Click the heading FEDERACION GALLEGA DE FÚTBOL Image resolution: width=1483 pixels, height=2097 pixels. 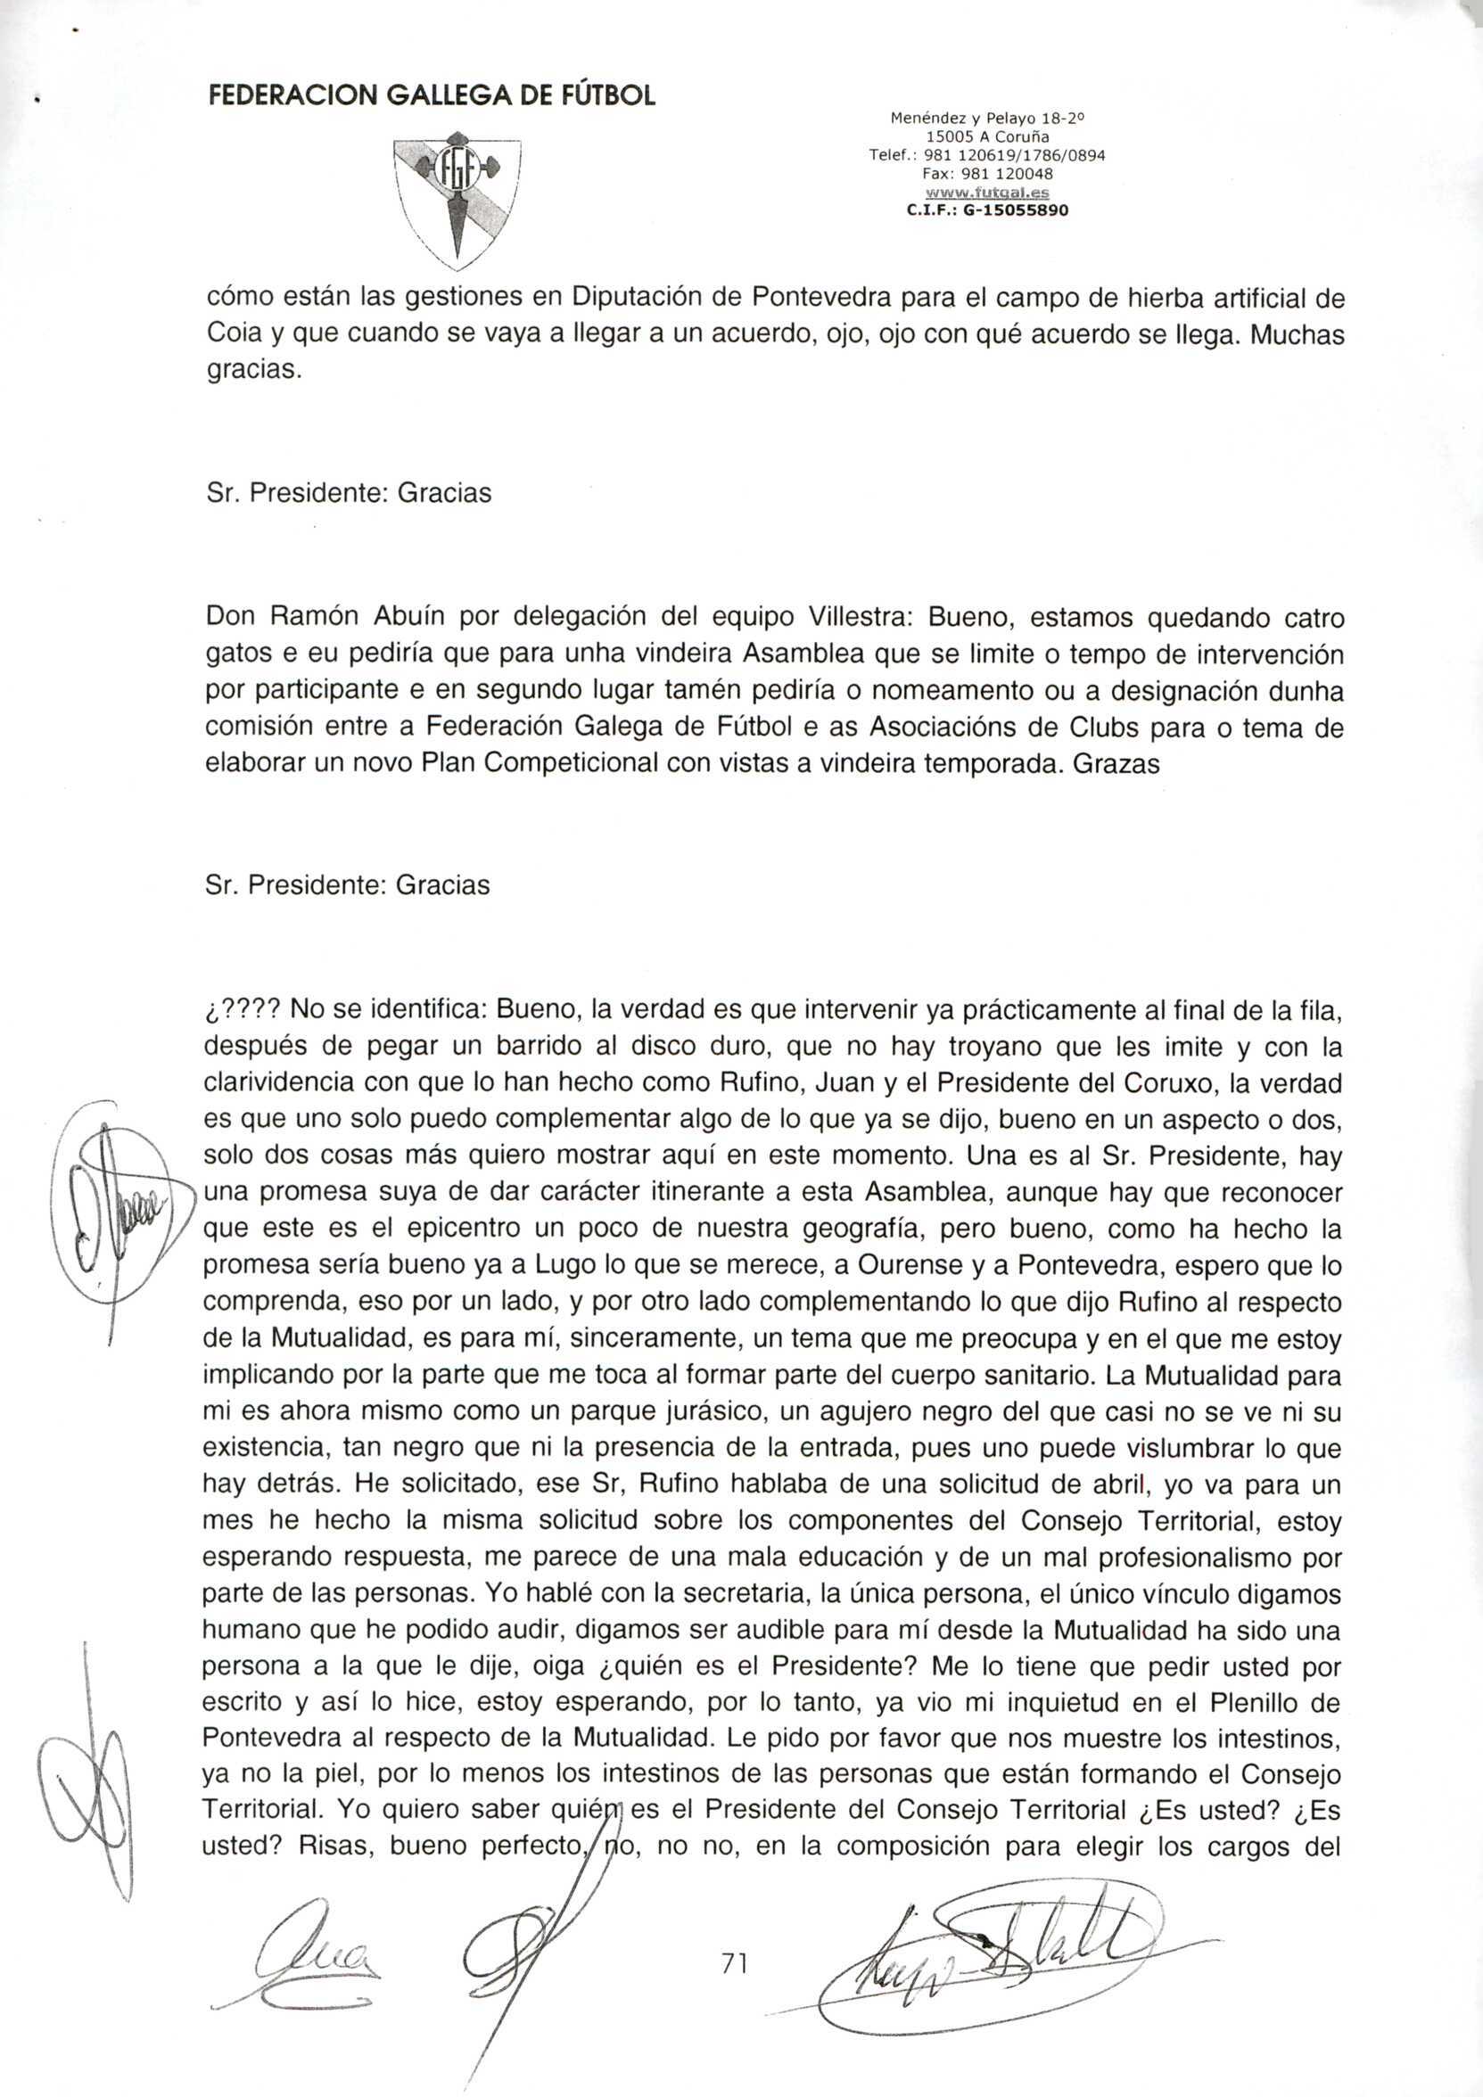coord(431,96)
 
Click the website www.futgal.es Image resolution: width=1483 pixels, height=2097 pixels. coord(988,193)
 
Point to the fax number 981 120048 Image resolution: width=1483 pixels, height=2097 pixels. coord(988,174)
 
